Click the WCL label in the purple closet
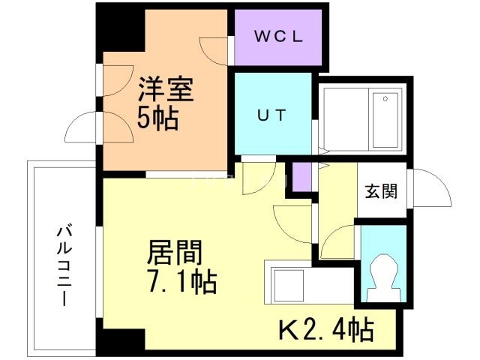(x=278, y=37)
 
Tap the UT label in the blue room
(x=271, y=115)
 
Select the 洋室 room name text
(x=166, y=89)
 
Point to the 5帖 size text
(x=157, y=118)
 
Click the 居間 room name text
(x=175, y=253)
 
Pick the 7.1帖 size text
(x=182, y=282)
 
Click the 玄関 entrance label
(x=382, y=191)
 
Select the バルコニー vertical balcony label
(x=64, y=265)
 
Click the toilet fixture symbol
(x=385, y=278)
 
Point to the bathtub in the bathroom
(x=385, y=121)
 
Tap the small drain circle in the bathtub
(x=385, y=99)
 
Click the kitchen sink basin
(x=288, y=286)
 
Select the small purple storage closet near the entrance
(x=301, y=177)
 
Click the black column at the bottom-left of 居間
(x=121, y=339)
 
